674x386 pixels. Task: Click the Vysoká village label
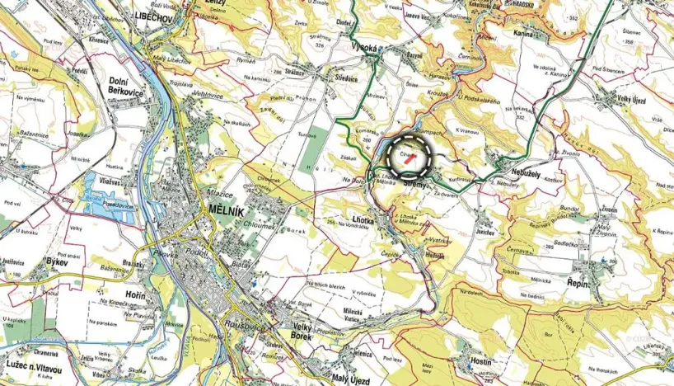pos(363,49)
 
